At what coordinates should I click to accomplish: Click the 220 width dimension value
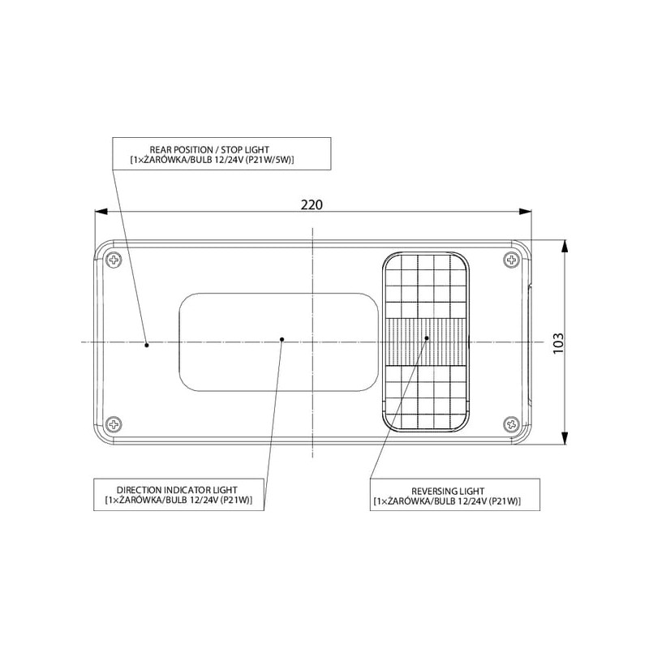(x=312, y=205)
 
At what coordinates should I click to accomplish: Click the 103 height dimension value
(x=558, y=343)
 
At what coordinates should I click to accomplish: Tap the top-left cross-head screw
(x=114, y=260)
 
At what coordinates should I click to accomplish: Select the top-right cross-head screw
(x=512, y=260)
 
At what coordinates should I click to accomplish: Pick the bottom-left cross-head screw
(x=114, y=424)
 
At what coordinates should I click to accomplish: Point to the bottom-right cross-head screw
(x=512, y=423)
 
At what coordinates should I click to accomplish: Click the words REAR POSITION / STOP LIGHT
(x=209, y=149)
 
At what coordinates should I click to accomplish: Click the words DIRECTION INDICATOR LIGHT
(x=177, y=490)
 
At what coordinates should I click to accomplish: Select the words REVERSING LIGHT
(x=448, y=491)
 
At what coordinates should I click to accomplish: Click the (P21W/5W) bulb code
(x=269, y=160)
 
